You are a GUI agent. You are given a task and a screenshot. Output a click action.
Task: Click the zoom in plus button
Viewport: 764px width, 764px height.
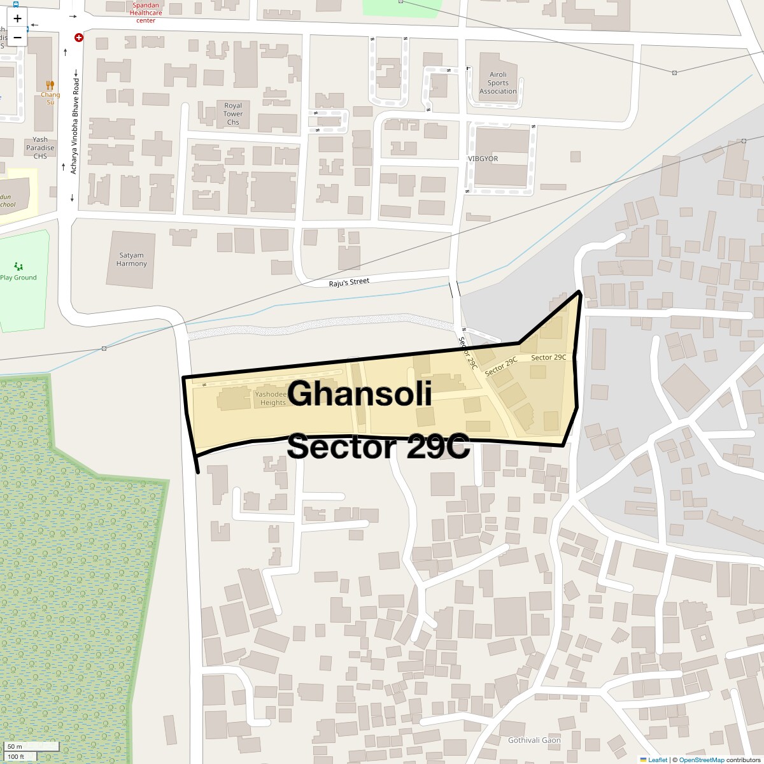17,18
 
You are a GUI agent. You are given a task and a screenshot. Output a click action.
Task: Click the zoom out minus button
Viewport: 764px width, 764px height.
17,38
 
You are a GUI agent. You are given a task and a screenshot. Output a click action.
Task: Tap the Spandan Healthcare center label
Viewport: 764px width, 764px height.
146,12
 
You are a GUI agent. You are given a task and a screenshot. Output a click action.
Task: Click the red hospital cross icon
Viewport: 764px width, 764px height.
79,38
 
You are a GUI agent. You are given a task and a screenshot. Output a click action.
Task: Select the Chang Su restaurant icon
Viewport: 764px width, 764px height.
50,85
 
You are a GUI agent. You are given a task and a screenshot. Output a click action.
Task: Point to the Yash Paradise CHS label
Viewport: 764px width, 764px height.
40,148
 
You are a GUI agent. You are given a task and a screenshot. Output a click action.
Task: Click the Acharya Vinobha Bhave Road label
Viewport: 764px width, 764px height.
75,127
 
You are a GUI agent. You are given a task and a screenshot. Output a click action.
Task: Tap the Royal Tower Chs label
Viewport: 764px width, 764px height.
233,114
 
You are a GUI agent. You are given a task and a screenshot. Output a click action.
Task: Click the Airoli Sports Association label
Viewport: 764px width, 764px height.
498,83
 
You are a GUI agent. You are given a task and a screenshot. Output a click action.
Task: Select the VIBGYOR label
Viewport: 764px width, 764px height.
483,159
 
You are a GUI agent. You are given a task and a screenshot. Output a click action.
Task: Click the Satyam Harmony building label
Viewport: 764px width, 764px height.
132,259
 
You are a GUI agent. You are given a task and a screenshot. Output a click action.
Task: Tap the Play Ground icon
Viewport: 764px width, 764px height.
18,266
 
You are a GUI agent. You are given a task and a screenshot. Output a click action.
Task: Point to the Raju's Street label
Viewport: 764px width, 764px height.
349,281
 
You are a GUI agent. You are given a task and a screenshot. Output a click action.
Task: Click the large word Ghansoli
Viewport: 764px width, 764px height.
361,393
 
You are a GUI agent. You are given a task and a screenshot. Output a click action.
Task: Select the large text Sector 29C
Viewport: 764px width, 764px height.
378,446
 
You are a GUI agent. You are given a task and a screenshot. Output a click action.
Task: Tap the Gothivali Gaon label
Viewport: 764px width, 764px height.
534,740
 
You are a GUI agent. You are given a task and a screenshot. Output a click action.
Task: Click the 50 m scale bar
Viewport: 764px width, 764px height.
23,746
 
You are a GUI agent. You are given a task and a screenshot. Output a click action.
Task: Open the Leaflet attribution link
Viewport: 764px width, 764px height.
658,760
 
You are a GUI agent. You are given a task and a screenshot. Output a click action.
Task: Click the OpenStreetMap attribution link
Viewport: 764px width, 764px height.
702,760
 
